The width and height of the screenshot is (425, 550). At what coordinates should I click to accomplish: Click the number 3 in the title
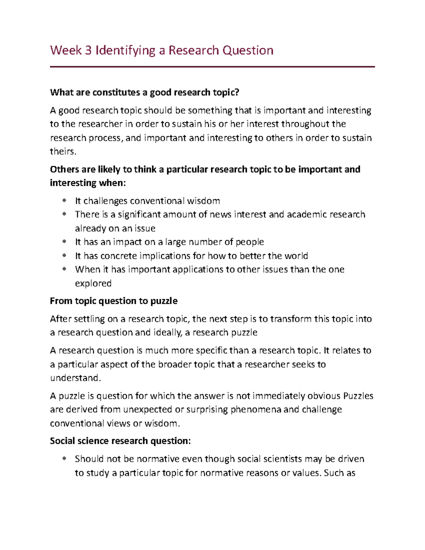(x=88, y=51)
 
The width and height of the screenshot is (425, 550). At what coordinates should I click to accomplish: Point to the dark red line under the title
(x=212, y=67)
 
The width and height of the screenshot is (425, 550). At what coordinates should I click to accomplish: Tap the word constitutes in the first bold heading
(x=116, y=93)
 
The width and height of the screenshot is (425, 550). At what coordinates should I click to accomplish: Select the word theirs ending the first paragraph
(x=63, y=152)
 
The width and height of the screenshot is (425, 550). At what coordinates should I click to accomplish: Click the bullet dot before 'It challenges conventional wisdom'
(x=64, y=201)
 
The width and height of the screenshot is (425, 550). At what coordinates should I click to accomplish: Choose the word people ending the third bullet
(x=250, y=242)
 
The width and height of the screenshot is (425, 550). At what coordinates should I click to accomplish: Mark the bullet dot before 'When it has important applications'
(x=64, y=269)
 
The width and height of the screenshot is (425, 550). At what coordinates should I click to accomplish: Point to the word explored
(x=93, y=283)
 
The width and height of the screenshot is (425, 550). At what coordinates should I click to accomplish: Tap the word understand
(x=75, y=378)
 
